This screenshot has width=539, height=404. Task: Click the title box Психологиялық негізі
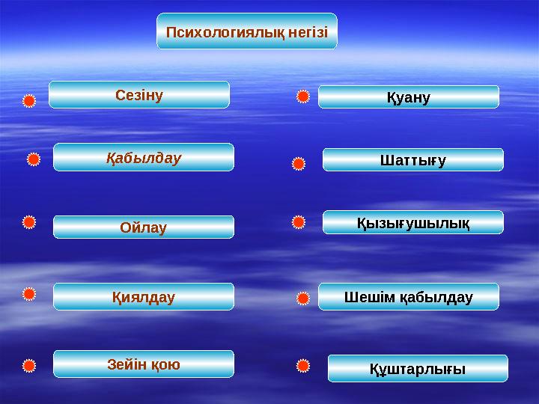247,31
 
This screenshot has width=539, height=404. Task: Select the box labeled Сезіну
139,95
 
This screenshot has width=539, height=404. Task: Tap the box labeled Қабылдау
144,158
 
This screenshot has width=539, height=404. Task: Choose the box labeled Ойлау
144,227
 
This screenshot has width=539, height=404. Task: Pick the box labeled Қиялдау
144,297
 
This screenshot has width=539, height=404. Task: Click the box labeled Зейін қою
144,364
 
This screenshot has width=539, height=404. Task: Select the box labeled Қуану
409,97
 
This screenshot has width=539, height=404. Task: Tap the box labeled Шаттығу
413,160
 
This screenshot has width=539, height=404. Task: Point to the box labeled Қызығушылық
413,222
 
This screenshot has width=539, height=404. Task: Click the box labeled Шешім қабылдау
409,297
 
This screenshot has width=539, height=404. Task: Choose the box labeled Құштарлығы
418,369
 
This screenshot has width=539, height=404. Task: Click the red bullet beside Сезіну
28,101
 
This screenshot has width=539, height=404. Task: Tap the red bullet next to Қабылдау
34,159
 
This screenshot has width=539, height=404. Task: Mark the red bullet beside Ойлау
28,222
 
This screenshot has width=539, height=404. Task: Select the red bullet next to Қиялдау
28,295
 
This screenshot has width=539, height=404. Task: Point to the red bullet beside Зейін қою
28,366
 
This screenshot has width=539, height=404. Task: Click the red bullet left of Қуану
302,97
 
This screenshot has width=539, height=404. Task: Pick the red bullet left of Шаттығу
298,162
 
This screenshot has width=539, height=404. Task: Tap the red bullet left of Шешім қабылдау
302,299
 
